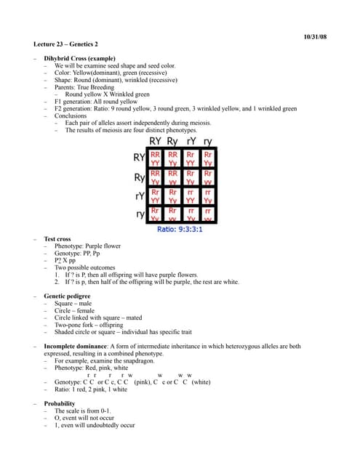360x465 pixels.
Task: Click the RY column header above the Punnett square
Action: pos(156,141)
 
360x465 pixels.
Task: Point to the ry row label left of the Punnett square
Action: pos(140,215)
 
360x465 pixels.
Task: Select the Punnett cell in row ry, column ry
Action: pos(208,214)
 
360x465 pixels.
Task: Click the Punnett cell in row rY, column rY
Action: pos(191,196)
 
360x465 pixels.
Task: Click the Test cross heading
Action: pos(58,238)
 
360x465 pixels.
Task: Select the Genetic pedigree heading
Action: pos(69,296)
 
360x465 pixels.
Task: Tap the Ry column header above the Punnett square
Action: pos(173,141)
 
